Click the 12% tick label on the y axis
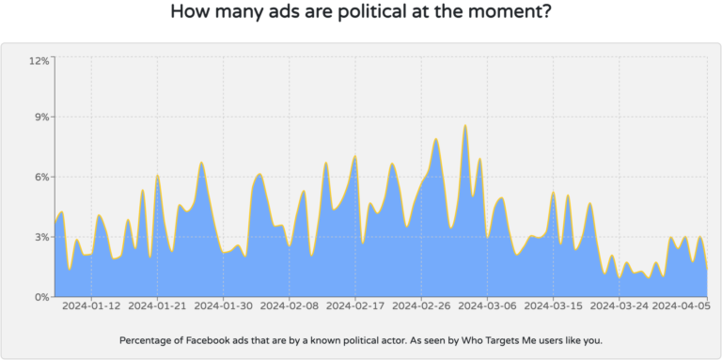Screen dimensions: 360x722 (39, 60)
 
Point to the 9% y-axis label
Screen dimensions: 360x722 (41, 117)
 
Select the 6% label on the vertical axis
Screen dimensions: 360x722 (41, 177)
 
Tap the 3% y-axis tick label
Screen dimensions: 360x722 (41, 237)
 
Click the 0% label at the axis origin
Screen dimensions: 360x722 (41, 297)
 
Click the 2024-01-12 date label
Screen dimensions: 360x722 (92, 305)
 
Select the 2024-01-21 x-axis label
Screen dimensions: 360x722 (157, 305)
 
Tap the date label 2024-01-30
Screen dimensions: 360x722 (223, 305)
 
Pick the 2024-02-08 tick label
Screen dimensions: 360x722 (289, 305)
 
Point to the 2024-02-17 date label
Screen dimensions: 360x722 (354, 305)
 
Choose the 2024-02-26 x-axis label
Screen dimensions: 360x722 (421, 305)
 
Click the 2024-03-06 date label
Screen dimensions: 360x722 (487, 305)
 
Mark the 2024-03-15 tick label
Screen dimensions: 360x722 (553, 305)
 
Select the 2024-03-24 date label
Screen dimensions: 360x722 (619, 305)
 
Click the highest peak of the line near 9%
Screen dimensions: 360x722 (464, 126)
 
